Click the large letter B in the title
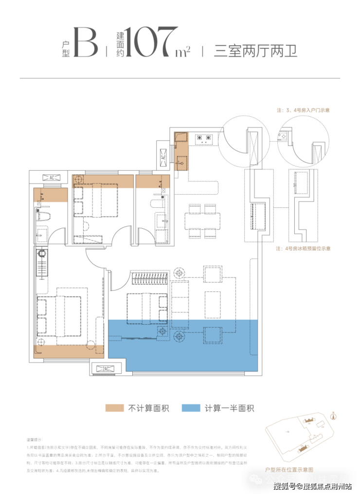(x=86, y=43)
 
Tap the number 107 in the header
(x=150, y=42)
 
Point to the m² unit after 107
(x=182, y=50)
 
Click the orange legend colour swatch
(x=114, y=408)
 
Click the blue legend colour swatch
(x=190, y=408)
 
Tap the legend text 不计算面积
(x=148, y=408)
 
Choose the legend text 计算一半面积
(x=229, y=408)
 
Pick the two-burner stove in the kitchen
(x=203, y=139)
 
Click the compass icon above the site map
(x=334, y=415)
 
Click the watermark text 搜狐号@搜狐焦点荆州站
(x=311, y=485)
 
